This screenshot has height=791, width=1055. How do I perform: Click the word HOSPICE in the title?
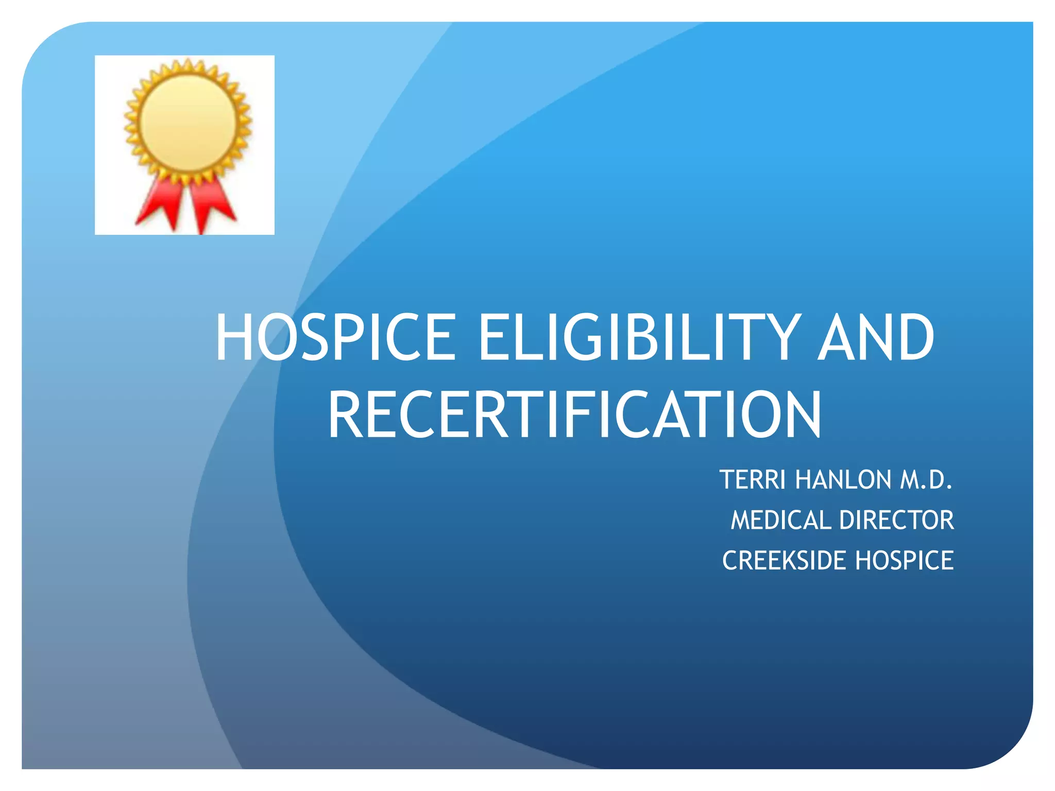pos(336,338)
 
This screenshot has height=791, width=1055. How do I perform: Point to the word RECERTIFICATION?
pos(574,415)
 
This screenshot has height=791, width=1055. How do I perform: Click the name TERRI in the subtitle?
pos(752,480)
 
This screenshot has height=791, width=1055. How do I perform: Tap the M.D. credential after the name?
pos(926,480)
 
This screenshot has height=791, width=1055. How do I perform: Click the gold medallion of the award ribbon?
pos(188,122)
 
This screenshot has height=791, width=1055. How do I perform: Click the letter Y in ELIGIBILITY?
pos(781,338)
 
